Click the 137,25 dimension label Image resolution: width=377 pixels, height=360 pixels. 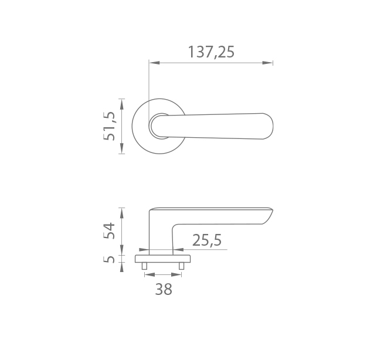coord(211,52)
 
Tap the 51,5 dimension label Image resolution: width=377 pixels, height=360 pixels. coord(109,126)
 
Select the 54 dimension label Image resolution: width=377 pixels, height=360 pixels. coord(109,230)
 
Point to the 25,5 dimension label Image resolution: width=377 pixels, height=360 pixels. coord(207,240)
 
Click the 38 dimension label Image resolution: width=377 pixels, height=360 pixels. coord(164,289)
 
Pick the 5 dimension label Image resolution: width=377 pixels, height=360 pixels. coord(109,259)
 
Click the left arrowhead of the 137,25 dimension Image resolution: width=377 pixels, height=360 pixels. coord(154,63)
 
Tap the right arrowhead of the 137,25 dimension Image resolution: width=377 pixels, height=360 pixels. coord(267,63)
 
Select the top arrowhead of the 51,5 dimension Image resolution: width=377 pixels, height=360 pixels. coord(122,104)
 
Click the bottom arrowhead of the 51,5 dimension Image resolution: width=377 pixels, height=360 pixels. coord(122,148)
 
